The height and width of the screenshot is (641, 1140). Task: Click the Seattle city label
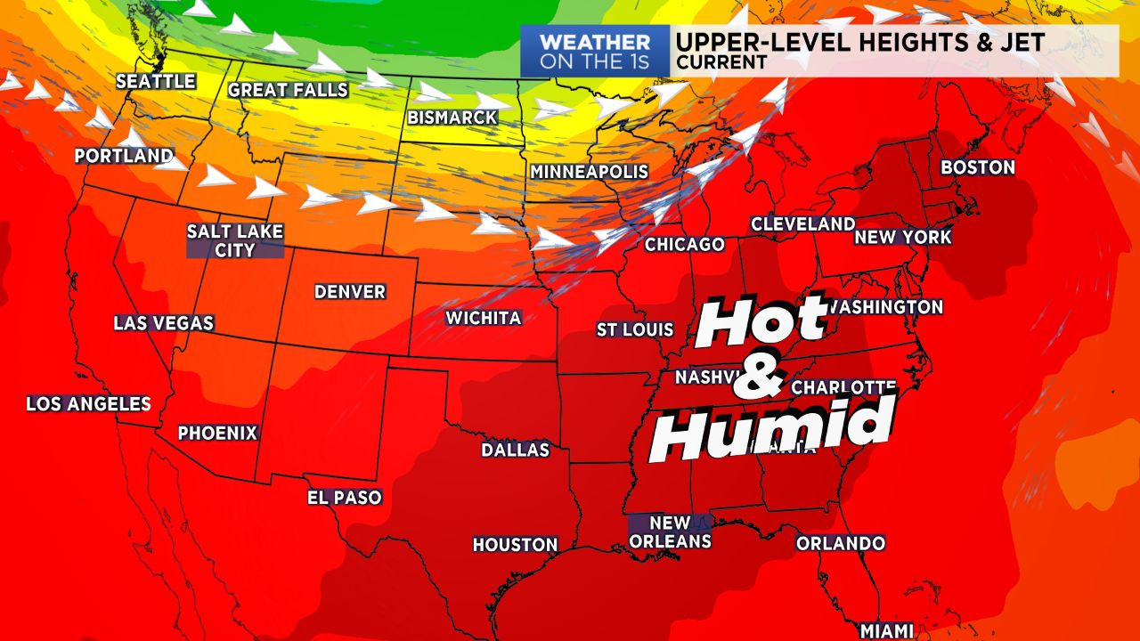click(x=156, y=81)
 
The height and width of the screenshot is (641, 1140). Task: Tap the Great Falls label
click(x=288, y=90)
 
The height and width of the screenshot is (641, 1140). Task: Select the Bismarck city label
click(x=452, y=118)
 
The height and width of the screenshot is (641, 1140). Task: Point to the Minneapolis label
click(x=589, y=172)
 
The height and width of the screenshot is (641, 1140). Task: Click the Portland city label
click(x=123, y=156)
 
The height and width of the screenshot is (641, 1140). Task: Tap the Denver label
click(x=350, y=292)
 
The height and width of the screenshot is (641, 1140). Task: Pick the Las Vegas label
click(x=164, y=323)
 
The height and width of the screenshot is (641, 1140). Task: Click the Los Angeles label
click(x=88, y=404)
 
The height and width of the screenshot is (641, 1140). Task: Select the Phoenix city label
click(x=217, y=434)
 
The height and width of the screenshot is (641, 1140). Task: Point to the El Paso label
click(x=345, y=498)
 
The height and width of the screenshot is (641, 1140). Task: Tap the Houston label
click(x=515, y=545)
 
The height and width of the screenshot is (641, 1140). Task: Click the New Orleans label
click(x=670, y=531)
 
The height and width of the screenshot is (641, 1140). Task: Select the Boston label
click(x=978, y=167)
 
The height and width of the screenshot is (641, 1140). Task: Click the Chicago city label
click(x=684, y=244)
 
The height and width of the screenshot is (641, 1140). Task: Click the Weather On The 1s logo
click(x=594, y=52)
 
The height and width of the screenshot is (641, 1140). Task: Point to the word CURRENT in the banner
click(x=721, y=62)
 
